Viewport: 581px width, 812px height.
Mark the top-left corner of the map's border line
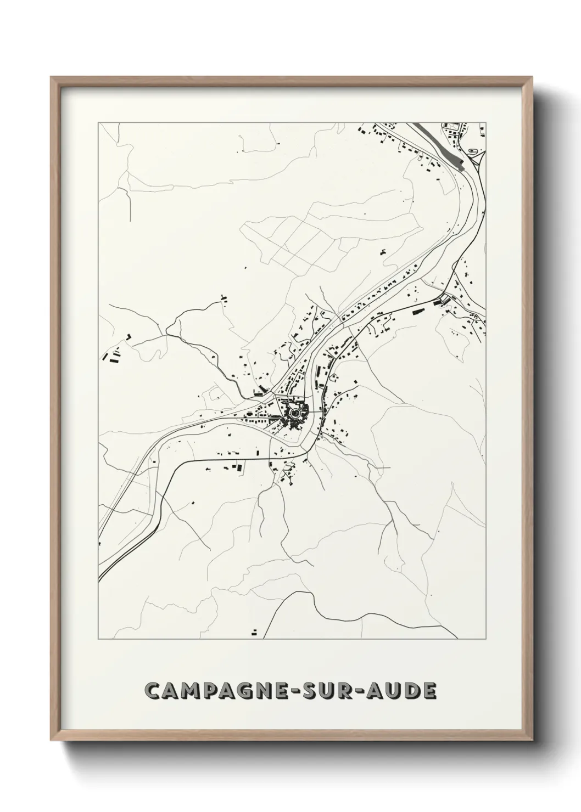[98, 123]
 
